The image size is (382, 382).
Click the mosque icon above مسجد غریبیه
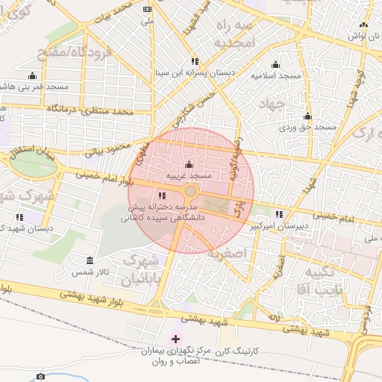click(188, 165)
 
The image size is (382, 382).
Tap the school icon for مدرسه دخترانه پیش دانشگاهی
click(163, 195)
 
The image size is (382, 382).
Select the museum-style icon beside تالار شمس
click(90, 260)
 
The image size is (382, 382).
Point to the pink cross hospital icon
click(175, 339)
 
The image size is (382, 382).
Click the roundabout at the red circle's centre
click(191, 191)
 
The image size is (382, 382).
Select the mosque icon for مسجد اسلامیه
click(276, 64)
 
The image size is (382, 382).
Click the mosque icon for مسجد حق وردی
click(307, 116)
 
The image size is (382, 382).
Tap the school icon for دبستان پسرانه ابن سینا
click(195, 61)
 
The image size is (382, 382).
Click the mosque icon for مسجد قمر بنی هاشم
click(31, 75)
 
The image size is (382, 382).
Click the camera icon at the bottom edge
click(41, 376)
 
